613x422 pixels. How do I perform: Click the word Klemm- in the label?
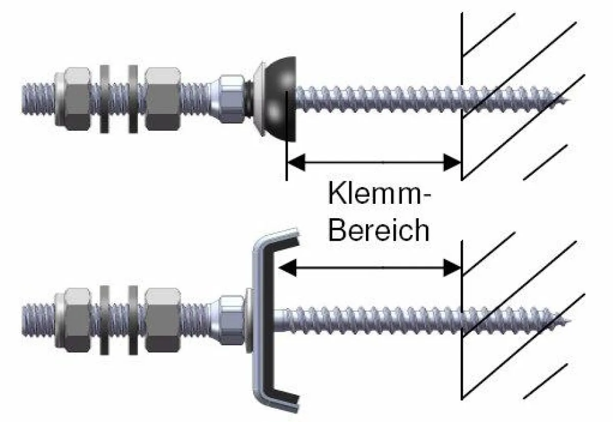click(379, 193)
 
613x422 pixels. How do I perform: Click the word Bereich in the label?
click(379, 230)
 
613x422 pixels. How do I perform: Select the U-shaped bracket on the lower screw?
click(275, 320)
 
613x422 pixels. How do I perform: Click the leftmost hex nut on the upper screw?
click(72, 99)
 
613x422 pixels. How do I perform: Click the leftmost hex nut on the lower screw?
click(72, 320)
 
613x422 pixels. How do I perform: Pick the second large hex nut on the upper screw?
click(163, 99)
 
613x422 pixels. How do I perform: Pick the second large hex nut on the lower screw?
click(163, 320)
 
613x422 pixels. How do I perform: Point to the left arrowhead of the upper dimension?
click(296, 162)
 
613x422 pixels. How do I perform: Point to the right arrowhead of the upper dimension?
click(452, 162)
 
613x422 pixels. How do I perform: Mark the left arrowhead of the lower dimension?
click(288, 268)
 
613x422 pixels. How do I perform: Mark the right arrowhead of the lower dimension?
click(452, 268)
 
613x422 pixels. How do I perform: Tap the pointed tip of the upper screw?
click(570, 99)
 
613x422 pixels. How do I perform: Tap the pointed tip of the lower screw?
click(570, 320)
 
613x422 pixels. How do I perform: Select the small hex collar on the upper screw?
click(231, 99)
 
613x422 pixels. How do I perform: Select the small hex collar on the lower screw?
click(231, 320)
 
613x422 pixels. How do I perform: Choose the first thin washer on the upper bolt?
click(105, 99)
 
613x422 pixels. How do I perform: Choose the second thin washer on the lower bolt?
click(133, 320)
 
